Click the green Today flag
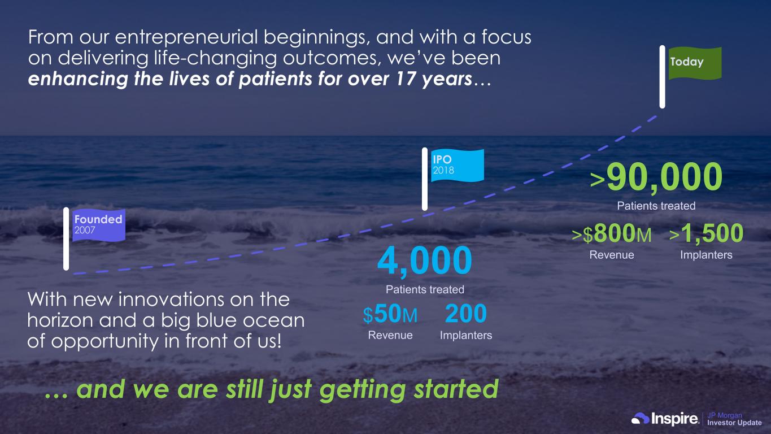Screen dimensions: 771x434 695,63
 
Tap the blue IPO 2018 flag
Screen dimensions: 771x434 458,166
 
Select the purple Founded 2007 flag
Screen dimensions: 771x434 99,225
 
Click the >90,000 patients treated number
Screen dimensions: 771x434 656,177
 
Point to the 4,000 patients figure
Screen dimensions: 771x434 424,260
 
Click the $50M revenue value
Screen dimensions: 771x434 390,314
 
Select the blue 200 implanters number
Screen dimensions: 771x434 465,314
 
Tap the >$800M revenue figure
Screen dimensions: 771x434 612,233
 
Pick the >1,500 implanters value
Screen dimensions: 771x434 706,233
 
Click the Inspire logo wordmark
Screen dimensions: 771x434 675,419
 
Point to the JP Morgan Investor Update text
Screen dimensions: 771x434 734,419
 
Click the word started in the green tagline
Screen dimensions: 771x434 456,389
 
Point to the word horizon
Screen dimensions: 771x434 60,320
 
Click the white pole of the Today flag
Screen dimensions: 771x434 662,77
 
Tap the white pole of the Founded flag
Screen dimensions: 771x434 66,238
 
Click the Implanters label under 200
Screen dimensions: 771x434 465,335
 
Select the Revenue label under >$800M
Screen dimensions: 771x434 612,255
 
